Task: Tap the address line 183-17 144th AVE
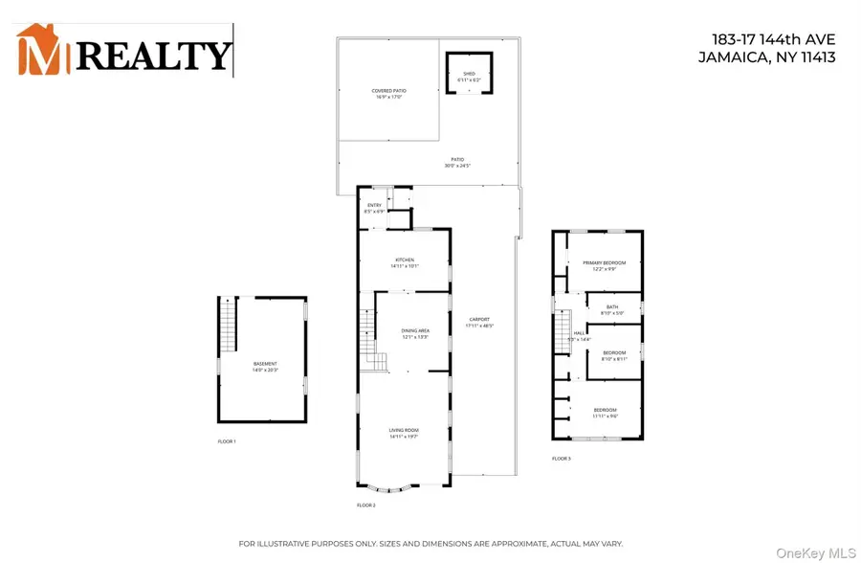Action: point(774,39)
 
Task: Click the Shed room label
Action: point(469,74)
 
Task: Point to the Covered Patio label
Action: point(387,94)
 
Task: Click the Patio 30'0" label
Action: point(457,164)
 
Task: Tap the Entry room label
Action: point(374,208)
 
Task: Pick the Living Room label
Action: point(404,434)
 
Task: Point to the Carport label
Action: point(479,323)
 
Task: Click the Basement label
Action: point(265,366)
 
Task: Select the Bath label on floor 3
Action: point(611,310)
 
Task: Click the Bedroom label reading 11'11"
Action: point(605,413)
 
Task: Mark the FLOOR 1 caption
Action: point(227,441)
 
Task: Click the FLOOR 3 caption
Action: point(562,459)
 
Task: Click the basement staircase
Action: point(228,314)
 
